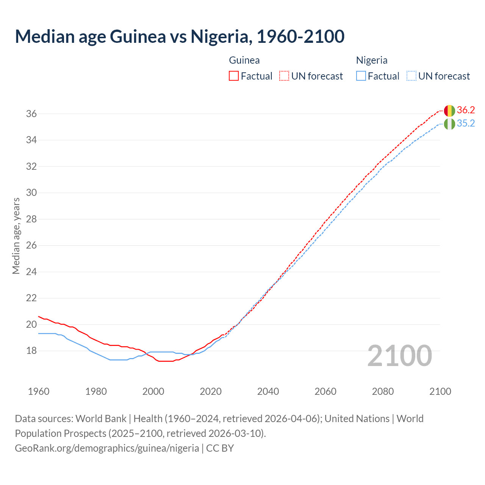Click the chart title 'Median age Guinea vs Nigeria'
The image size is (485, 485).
click(179, 36)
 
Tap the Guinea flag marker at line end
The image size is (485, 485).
click(449, 111)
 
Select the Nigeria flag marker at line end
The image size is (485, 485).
click(449, 124)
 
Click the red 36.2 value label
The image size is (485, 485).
click(466, 110)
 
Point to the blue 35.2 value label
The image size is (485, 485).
click(466, 124)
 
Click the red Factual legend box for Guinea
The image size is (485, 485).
click(234, 76)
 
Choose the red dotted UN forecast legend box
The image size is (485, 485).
click(284, 76)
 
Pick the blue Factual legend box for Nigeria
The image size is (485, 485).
click(361, 76)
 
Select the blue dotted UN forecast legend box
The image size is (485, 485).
click(411, 76)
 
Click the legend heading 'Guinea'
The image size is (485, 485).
click(244, 60)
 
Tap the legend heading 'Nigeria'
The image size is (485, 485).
click(372, 60)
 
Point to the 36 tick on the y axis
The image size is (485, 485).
click(31, 114)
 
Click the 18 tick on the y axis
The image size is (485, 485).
click(31, 351)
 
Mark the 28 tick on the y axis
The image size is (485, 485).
click(31, 219)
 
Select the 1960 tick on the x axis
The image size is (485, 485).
click(39, 391)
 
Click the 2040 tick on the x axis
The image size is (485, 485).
click(268, 391)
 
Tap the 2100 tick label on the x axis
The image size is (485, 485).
click(440, 391)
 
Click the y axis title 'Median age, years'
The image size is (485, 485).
click(16, 236)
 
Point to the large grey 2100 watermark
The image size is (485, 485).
click(400, 356)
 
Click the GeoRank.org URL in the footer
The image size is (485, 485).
click(107, 448)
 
